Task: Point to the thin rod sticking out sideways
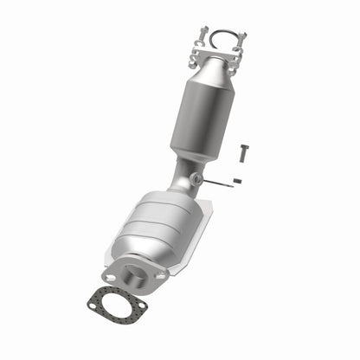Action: (x=220, y=183)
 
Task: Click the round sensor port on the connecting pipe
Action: (x=197, y=179)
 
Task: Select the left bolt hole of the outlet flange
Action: (x=108, y=269)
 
